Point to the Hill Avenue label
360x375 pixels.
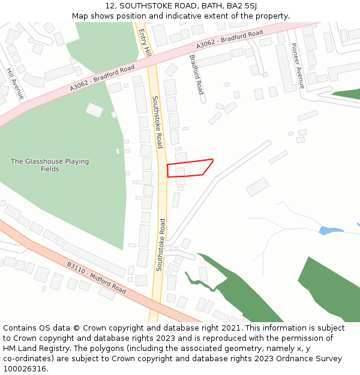click(x=16, y=83)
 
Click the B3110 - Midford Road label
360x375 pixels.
click(x=96, y=277)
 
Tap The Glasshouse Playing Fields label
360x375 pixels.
click(x=50, y=165)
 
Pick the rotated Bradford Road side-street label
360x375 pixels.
click(x=197, y=74)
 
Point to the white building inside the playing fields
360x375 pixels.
click(x=94, y=110)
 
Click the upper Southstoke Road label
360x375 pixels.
click(x=157, y=122)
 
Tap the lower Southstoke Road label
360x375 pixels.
click(x=160, y=244)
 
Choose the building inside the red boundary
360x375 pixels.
click(x=180, y=172)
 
